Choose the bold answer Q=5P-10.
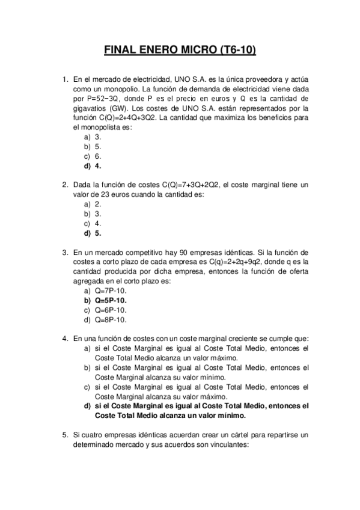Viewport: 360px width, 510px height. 106,300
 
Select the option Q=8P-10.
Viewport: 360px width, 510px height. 106,319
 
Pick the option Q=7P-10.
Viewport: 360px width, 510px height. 106,290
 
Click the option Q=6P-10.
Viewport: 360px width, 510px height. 106,310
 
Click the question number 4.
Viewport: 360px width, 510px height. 65,339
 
